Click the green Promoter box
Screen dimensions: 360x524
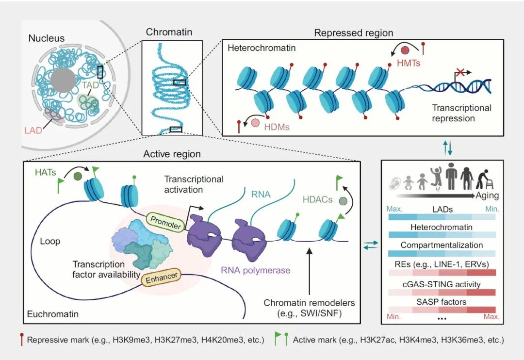165,221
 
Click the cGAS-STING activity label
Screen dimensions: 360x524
442,284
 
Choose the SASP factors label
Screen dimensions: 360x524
442,302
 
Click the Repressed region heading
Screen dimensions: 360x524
353,33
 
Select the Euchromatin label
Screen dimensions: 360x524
54,314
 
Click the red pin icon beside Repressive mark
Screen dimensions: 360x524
22,340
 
